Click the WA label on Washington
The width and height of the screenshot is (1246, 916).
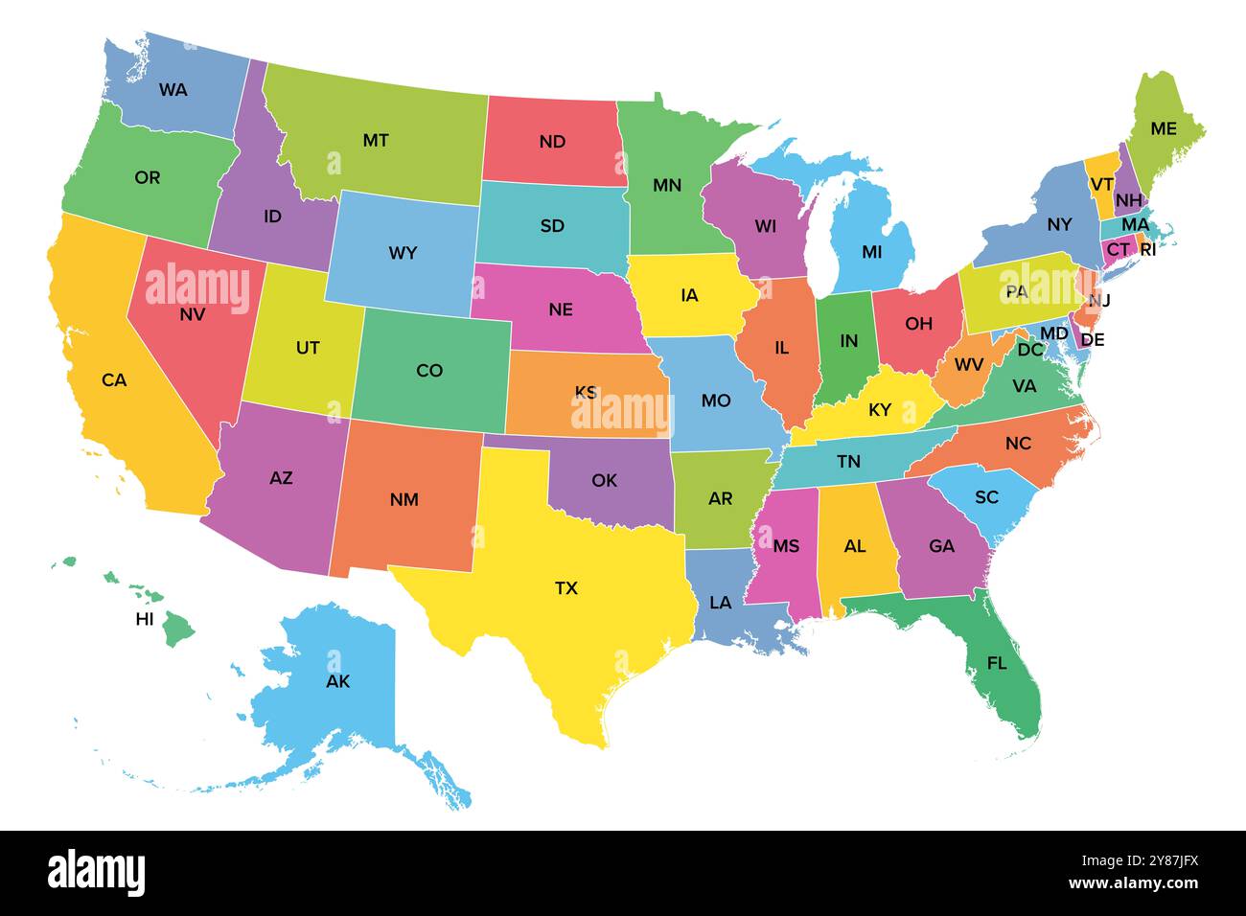click(173, 90)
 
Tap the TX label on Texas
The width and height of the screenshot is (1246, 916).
click(566, 588)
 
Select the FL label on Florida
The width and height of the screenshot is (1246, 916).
click(997, 663)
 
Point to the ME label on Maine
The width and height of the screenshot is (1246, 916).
click(1163, 128)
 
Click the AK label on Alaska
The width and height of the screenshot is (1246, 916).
click(337, 682)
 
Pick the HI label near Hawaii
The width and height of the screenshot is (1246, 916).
click(145, 619)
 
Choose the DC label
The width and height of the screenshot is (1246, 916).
click(1030, 351)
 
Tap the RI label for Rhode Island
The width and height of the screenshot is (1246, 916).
click(1147, 250)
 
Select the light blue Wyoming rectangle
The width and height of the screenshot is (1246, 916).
click(403, 253)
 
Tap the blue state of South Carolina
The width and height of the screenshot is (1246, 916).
click(986, 497)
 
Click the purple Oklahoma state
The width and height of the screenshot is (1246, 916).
click(604, 480)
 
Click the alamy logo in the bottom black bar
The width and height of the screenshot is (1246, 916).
click(96, 873)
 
